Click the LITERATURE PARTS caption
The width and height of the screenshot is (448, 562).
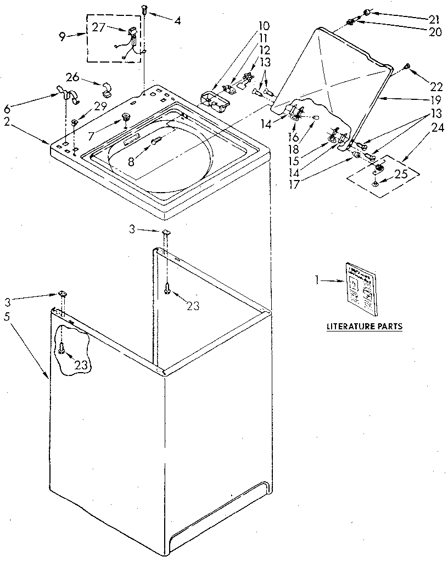[x=365, y=326]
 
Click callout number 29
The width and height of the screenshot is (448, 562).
[x=102, y=106]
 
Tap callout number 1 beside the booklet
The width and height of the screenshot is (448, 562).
[x=317, y=281]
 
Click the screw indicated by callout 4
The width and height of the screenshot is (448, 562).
[x=144, y=8]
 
